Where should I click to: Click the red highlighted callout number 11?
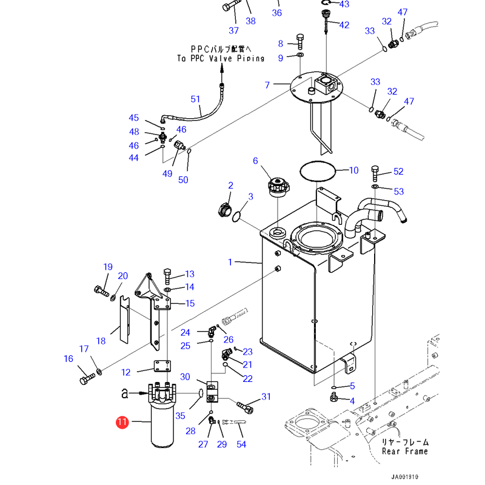pos(122,422)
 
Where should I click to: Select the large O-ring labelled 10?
pos(318,171)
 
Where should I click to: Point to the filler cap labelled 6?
pos(279,187)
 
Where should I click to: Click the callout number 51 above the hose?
pos(195,99)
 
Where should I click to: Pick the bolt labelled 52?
pos(375,173)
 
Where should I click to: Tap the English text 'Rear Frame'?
pos(405,451)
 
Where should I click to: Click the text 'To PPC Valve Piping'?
pos(221,58)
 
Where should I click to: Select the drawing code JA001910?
pos(404,477)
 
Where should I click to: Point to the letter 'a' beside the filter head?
pos(124,393)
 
